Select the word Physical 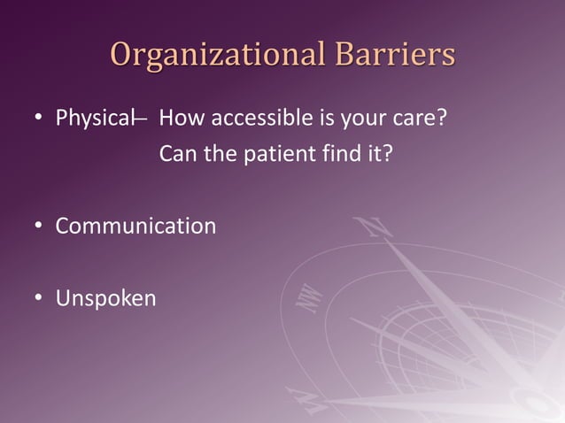coord(93,118)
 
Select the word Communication coord(135,226)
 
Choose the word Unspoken coord(105,298)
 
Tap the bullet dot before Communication coord(38,227)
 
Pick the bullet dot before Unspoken coord(38,299)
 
